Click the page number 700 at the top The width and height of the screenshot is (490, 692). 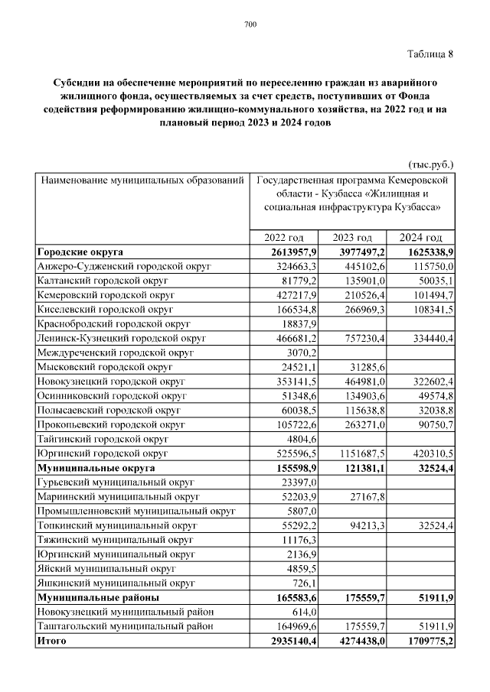(250, 25)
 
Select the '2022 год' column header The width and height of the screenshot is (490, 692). (284, 238)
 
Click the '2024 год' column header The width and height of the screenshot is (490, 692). (422, 238)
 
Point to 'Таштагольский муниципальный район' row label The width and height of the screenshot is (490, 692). (123, 627)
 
